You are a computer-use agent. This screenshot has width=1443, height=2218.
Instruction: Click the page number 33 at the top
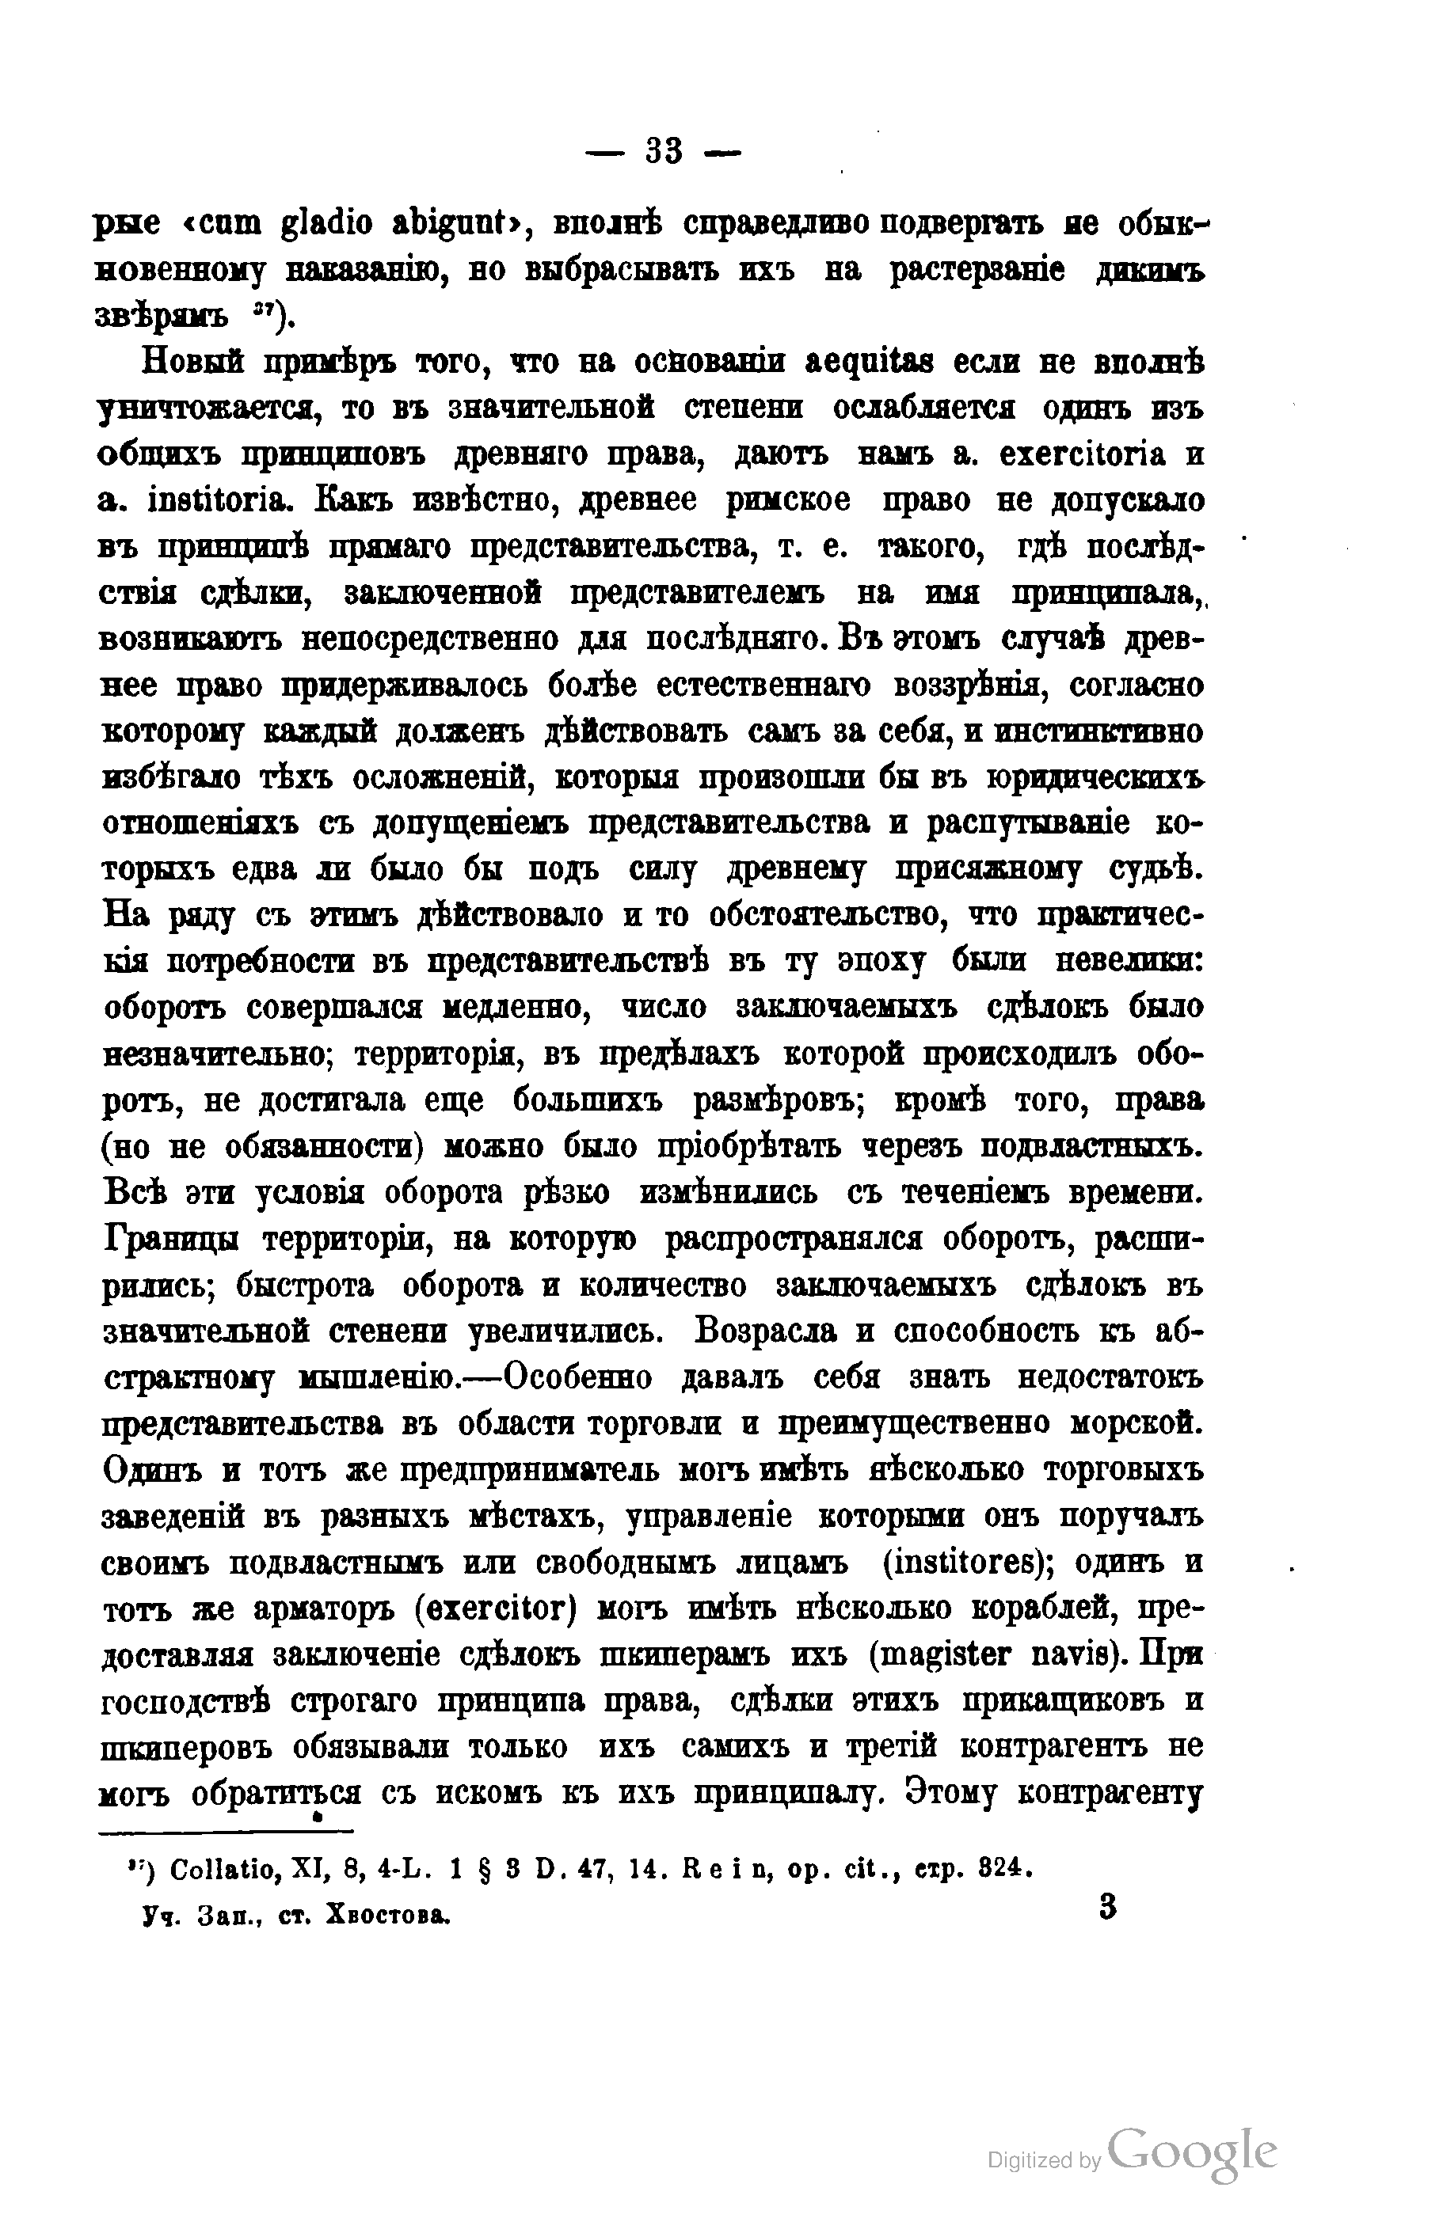tap(664, 151)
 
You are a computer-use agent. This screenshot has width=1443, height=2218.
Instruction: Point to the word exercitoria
tap(1081, 455)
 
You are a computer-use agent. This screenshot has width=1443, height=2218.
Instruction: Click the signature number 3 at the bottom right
tap(1107, 1907)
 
